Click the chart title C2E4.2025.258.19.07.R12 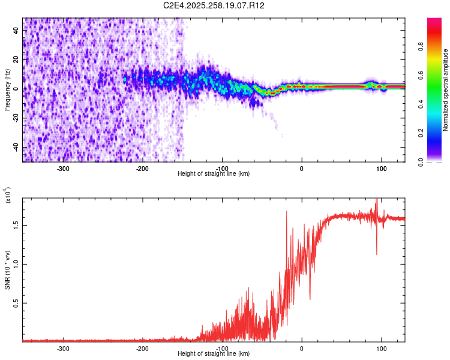[214, 6]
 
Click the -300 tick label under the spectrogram [62, 169]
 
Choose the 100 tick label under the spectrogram [381, 169]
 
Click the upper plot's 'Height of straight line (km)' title [214, 174]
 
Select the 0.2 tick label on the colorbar [436, 133]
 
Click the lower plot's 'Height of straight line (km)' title [214, 354]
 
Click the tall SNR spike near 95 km [377, 202]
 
